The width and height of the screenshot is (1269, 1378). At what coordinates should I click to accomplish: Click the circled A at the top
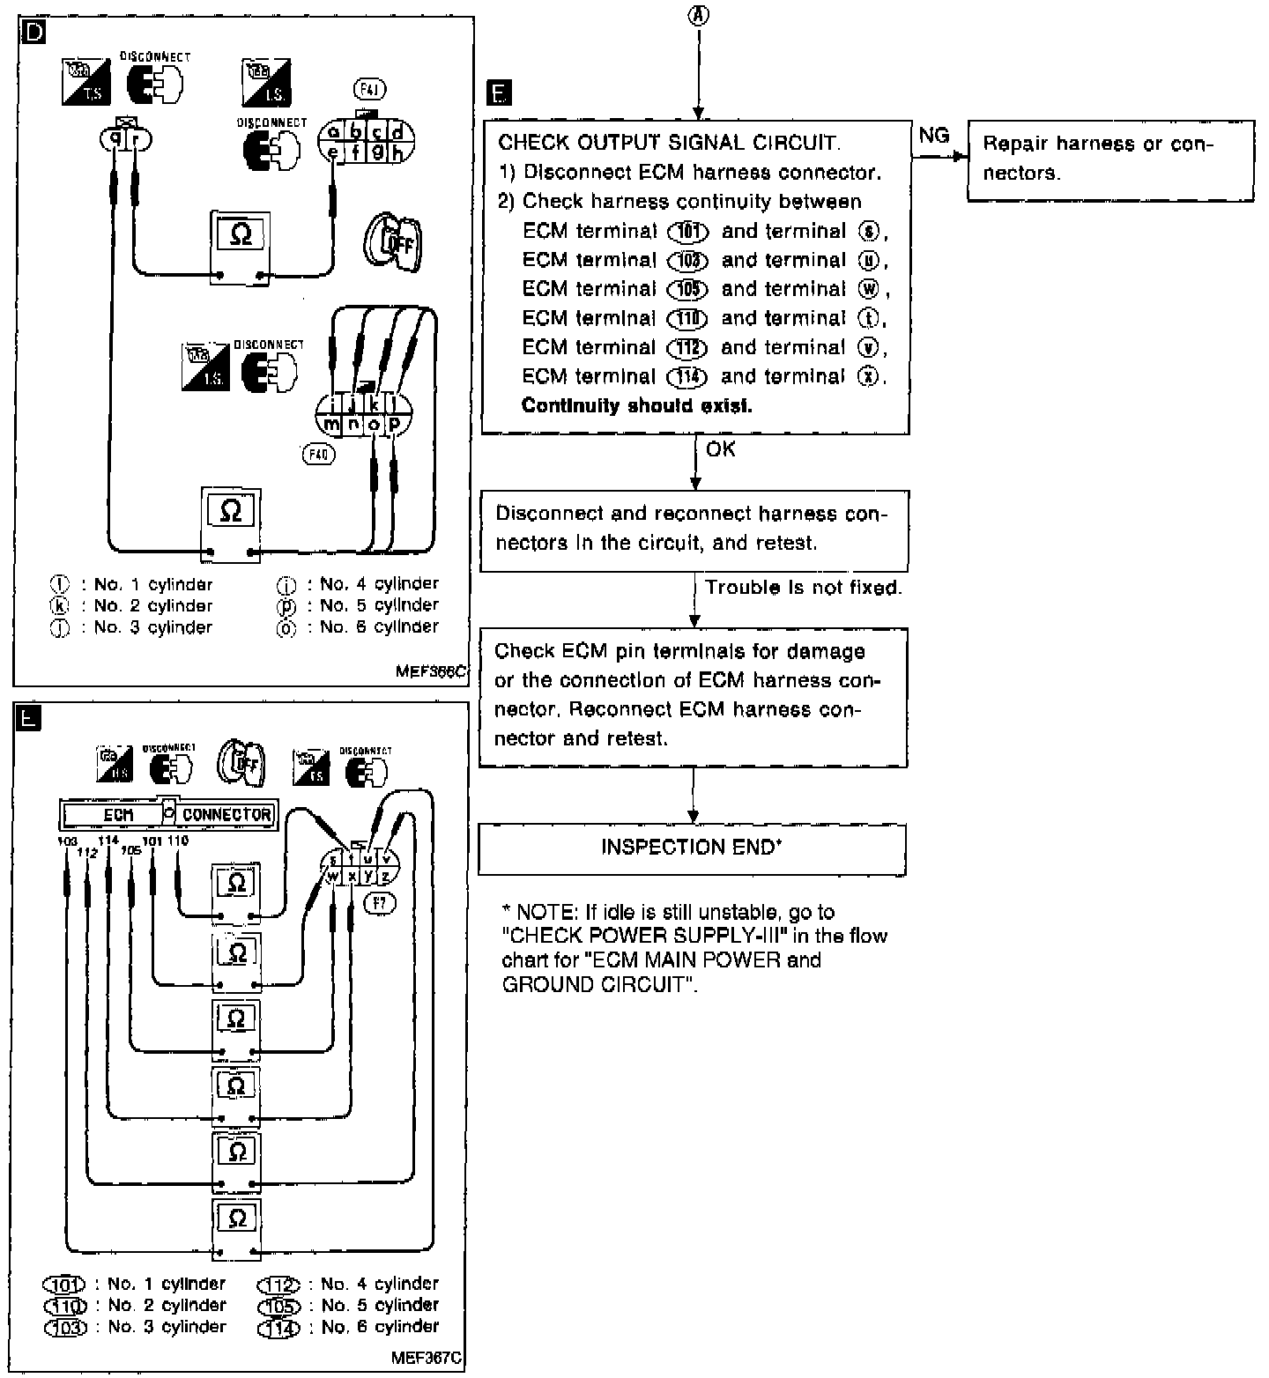pyautogui.click(x=699, y=15)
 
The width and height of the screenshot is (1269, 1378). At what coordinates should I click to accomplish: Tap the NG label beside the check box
pyautogui.click(x=934, y=135)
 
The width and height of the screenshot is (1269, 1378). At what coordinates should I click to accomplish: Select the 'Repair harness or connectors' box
pyautogui.click(x=1109, y=161)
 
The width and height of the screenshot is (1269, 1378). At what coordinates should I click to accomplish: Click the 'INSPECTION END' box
pyautogui.click(x=692, y=848)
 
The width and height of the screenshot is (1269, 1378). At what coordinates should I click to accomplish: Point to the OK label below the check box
pyautogui.click(x=720, y=449)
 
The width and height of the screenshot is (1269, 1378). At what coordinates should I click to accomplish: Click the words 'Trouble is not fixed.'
pyautogui.click(x=804, y=588)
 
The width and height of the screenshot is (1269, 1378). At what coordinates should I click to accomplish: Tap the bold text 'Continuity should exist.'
pyautogui.click(x=636, y=405)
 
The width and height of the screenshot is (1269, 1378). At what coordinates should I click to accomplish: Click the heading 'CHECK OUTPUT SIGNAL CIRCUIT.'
pyautogui.click(x=669, y=143)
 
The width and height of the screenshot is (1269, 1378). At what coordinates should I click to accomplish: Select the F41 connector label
pyautogui.click(x=369, y=89)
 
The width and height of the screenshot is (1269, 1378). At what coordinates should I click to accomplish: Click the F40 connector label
pyautogui.click(x=318, y=455)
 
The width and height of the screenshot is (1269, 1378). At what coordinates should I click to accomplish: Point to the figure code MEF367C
pyautogui.click(x=427, y=1358)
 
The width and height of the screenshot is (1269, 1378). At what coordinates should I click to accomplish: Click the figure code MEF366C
pyautogui.click(x=430, y=671)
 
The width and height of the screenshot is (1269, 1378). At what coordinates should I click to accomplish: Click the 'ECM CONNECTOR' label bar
pyautogui.click(x=168, y=814)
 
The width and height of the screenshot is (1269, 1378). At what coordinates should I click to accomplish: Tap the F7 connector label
pyautogui.click(x=380, y=904)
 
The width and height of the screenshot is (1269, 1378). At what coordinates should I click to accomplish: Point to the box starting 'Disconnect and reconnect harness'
pyautogui.click(x=694, y=530)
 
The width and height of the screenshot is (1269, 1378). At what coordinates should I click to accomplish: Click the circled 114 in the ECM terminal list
pyautogui.click(x=687, y=377)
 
